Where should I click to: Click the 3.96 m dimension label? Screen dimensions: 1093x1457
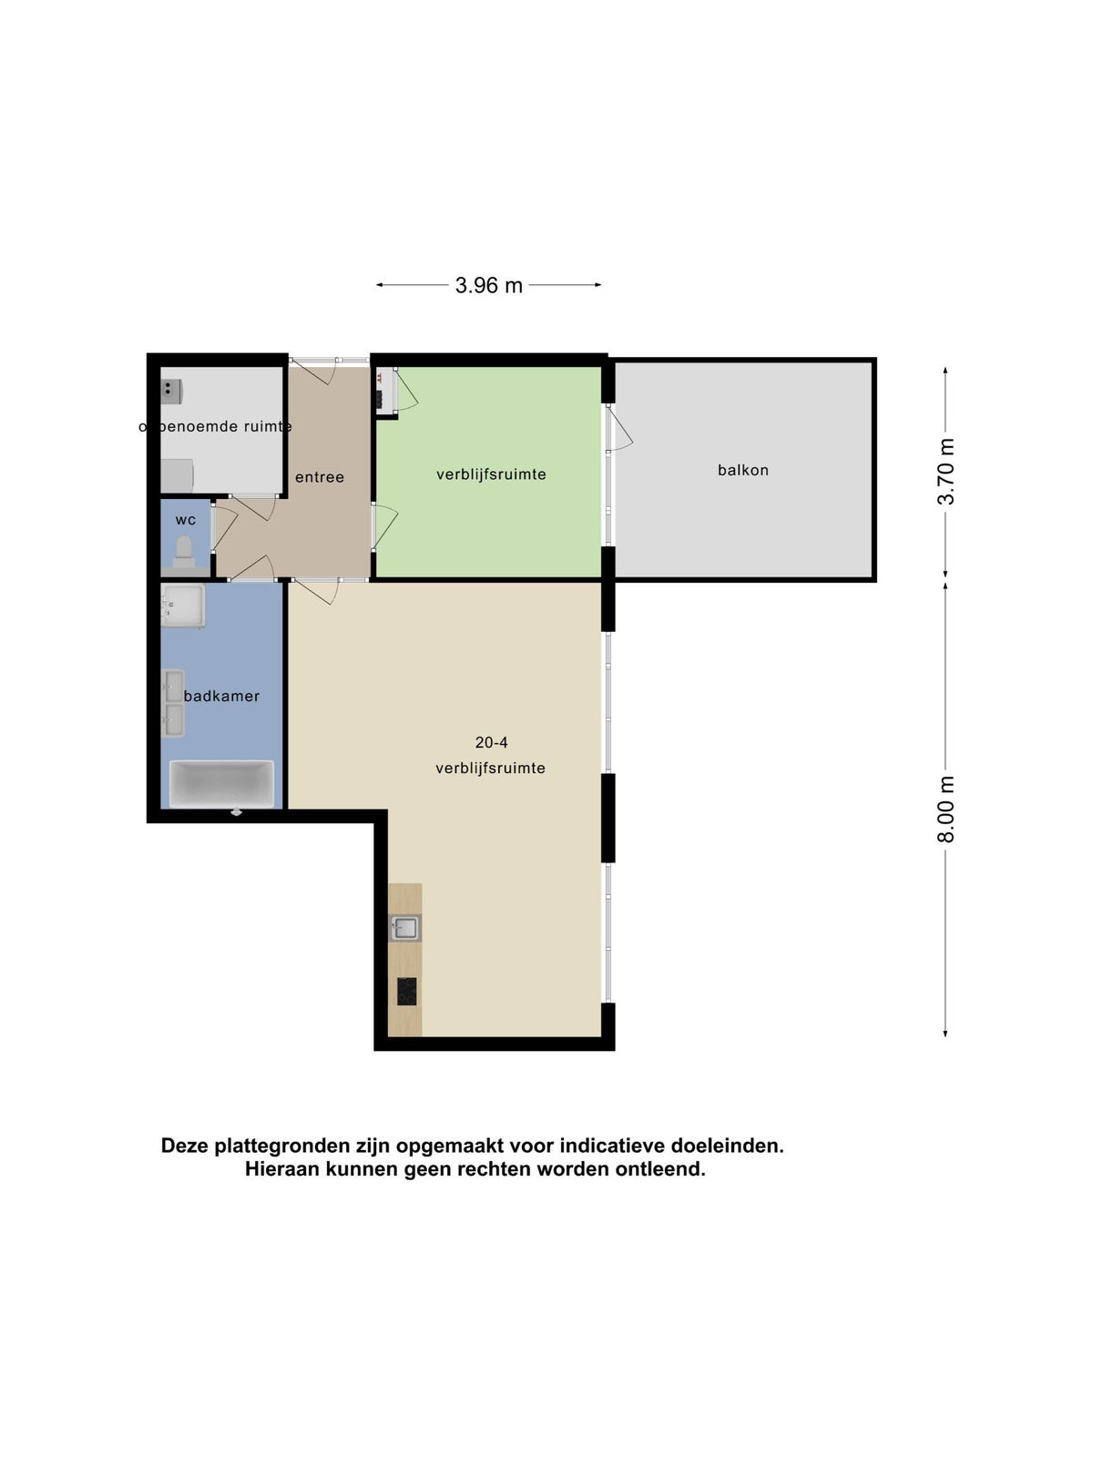point(488,285)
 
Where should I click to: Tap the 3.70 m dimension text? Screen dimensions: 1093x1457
point(945,472)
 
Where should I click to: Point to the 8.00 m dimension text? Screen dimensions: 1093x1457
point(945,810)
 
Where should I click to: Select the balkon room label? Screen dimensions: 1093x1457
point(742,470)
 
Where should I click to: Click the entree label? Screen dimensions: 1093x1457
point(319,476)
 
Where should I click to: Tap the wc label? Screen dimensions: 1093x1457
point(186,520)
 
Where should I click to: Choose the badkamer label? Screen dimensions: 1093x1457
point(221,696)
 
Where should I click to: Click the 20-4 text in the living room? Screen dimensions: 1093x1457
point(491,742)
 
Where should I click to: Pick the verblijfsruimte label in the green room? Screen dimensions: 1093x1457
point(491,474)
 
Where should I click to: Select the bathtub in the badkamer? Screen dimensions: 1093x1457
point(221,784)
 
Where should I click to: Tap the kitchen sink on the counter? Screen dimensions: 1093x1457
point(404,927)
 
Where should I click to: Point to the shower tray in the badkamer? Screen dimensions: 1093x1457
point(182,606)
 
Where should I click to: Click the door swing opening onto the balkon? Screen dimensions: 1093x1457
point(620,428)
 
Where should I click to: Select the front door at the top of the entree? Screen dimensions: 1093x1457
point(315,372)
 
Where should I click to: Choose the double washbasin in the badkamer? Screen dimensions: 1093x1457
point(174,704)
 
